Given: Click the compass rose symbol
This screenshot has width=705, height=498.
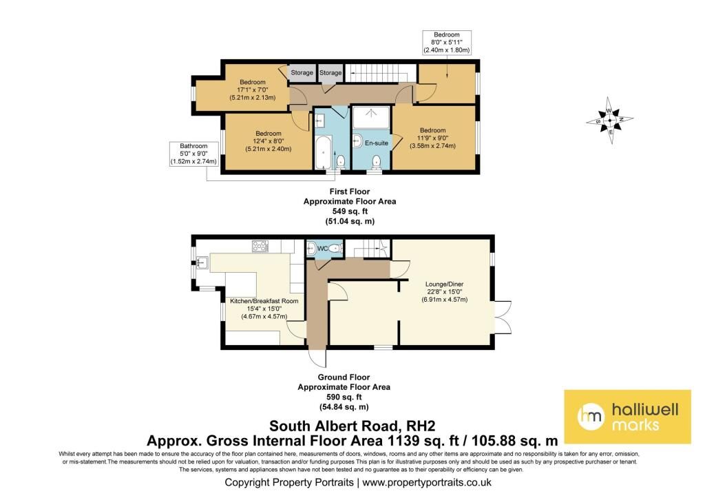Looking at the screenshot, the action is click(x=610, y=120).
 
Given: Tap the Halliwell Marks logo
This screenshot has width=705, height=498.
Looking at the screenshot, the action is click(x=627, y=417).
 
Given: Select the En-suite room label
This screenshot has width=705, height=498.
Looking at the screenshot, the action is click(x=377, y=143).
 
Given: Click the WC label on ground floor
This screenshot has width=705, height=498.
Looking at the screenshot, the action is click(x=322, y=249).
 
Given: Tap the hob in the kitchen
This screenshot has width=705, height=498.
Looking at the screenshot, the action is click(x=260, y=246).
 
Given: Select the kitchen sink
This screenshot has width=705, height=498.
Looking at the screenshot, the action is click(x=202, y=262).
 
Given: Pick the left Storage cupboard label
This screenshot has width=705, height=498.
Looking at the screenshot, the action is click(x=302, y=72).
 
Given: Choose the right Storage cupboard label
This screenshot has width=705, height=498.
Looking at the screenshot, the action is click(x=330, y=72).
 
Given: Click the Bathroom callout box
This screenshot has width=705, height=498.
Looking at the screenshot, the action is click(x=193, y=154).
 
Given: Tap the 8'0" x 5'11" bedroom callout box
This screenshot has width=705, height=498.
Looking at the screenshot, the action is click(x=447, y=43).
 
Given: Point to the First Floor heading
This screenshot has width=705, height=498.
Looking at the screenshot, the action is click(x=349, y=191).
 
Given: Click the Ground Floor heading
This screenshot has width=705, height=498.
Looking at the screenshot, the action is click(x=344, y=377).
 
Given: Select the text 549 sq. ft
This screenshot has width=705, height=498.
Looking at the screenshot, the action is click(x=350, y=211).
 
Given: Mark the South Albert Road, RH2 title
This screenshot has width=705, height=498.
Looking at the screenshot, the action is click(x=352, y=426).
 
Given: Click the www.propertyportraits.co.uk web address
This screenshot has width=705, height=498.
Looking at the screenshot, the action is click(x=427, y=483).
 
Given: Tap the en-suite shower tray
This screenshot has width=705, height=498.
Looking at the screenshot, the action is click(x=371, y=117).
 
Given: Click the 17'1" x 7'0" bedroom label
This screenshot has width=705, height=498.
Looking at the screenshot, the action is click(x=252, y=90).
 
